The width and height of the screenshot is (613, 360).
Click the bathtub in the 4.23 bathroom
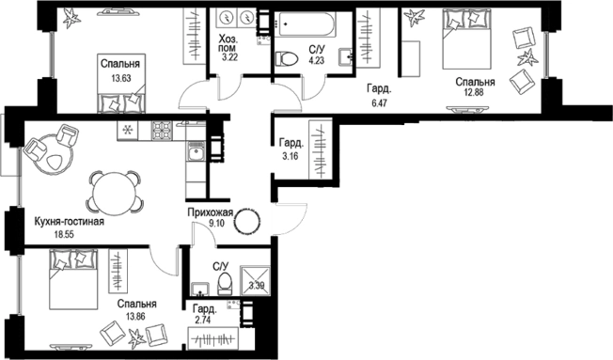(x=305, y=24)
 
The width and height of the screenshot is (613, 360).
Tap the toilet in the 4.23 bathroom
(x=285, y=59)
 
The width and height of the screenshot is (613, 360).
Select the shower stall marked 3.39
(x=255, y=281)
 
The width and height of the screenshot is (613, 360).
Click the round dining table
(x=113, y=192)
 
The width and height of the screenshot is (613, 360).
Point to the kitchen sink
(x=196, y=151)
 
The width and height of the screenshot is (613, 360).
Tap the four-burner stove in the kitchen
(x=163, y=130)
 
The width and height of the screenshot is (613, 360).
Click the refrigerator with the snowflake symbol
(x=127, y=130)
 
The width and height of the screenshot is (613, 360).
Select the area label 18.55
(x=64, y=234)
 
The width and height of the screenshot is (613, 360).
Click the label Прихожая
(x=211, y=213)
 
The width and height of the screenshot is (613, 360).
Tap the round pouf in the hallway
(x=246, y=222)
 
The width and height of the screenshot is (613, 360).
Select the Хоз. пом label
(x=228, y=43)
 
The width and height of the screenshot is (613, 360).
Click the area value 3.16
(x=291, y=156)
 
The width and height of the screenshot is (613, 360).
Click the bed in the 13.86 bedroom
(x=73, y=279)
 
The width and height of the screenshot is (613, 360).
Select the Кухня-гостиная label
(x=70, y=222)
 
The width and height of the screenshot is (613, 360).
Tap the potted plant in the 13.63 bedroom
(x=71, y=18)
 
